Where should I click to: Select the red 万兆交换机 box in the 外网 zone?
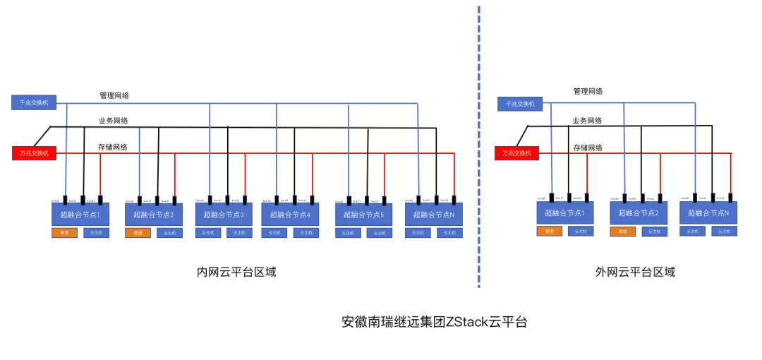point(516,152)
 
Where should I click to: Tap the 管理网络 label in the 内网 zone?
point(114,95)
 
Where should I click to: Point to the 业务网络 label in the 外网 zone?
point(587,121)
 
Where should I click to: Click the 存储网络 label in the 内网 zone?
point(113,148)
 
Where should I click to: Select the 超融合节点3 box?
point(224,215)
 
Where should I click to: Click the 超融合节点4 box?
point(289,215)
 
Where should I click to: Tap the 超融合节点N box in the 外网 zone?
point(708,212)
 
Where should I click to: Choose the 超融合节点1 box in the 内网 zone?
point(80,215)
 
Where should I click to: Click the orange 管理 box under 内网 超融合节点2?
point(138,232)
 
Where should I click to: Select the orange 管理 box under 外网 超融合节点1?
point(549,231)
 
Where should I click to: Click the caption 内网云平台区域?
point(236,272)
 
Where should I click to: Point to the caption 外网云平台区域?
point(635,272)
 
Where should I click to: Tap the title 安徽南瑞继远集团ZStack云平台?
point(434,322)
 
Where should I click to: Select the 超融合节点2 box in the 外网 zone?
point(638,212)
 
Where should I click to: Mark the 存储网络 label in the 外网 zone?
point(587,148)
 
